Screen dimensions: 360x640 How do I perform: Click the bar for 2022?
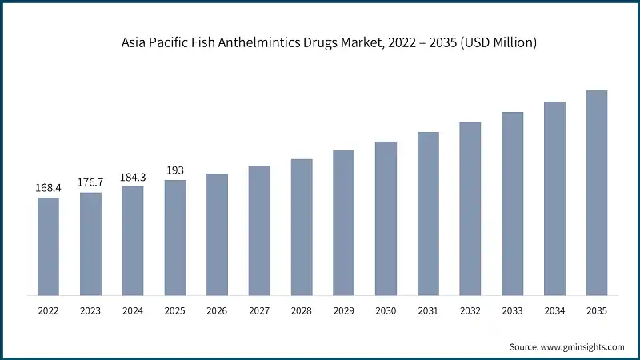(48, 246)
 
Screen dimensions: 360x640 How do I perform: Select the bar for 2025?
(174, 237)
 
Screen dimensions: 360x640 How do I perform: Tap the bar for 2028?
(301, 226)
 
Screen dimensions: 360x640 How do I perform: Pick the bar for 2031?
(428, 213)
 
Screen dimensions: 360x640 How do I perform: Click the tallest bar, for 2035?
(597, 192)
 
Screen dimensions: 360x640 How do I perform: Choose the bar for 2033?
(512, 203)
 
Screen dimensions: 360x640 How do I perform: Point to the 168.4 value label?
(48, 188)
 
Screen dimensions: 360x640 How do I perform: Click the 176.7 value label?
(90, 182)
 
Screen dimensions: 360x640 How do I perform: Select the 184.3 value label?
(133, 177)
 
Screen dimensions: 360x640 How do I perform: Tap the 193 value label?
(174, 170)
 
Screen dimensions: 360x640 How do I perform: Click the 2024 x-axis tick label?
(133, 310)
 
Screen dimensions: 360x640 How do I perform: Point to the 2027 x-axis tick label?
(259, 310)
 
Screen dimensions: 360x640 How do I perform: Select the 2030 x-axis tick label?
(386, 310)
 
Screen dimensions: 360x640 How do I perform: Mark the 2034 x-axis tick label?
(554, 310)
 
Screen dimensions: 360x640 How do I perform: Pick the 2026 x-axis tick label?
(217, 310)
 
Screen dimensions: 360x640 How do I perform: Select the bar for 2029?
(343, 222)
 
